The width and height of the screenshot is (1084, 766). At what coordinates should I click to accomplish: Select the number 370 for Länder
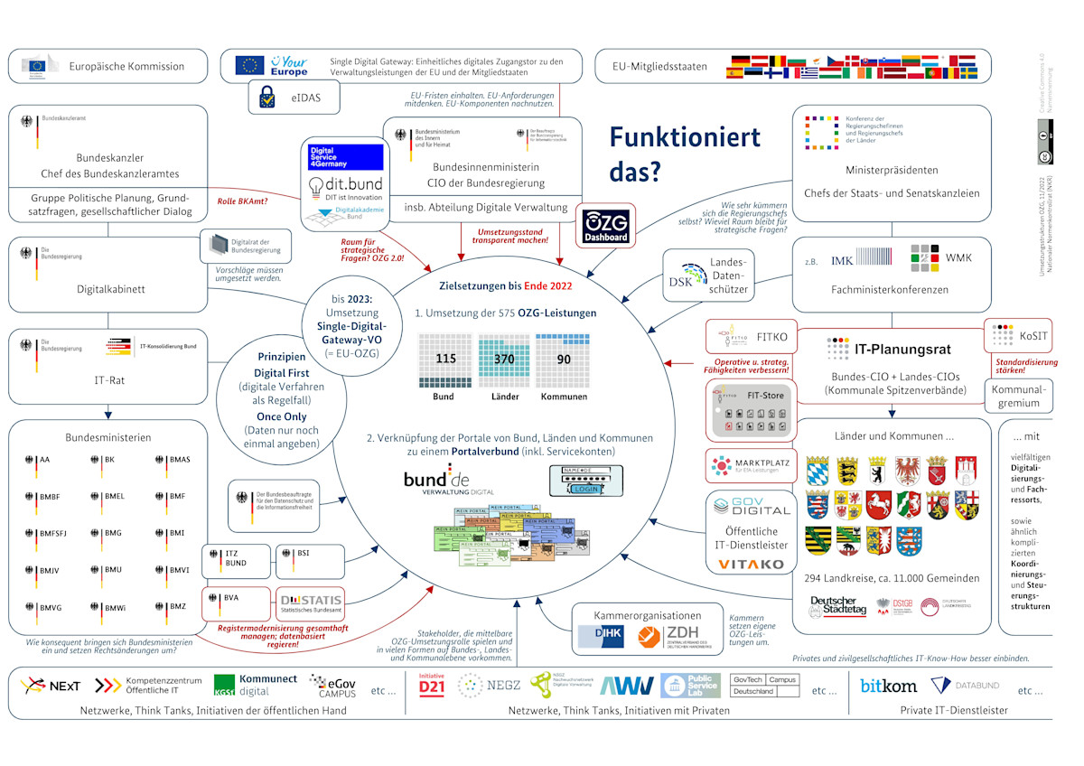pos(504,359)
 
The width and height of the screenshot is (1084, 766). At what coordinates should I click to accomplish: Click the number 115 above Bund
pos(445,359)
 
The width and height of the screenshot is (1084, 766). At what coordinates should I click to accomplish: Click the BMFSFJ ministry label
pos(53,533)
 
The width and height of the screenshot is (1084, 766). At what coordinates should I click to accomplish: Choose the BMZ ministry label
pos(177,606)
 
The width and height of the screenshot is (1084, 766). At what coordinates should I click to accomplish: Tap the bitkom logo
pos(887,686)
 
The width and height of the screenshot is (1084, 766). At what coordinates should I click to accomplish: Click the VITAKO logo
pos(752,564)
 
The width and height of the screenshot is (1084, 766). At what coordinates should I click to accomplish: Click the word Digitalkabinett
pos(110,290)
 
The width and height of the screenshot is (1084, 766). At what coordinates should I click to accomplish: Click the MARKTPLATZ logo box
pos(752,465)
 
